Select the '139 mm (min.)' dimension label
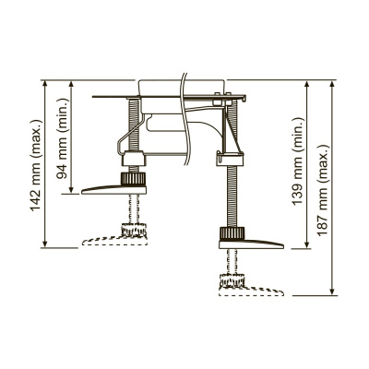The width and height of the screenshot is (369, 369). tap(299, 165)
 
